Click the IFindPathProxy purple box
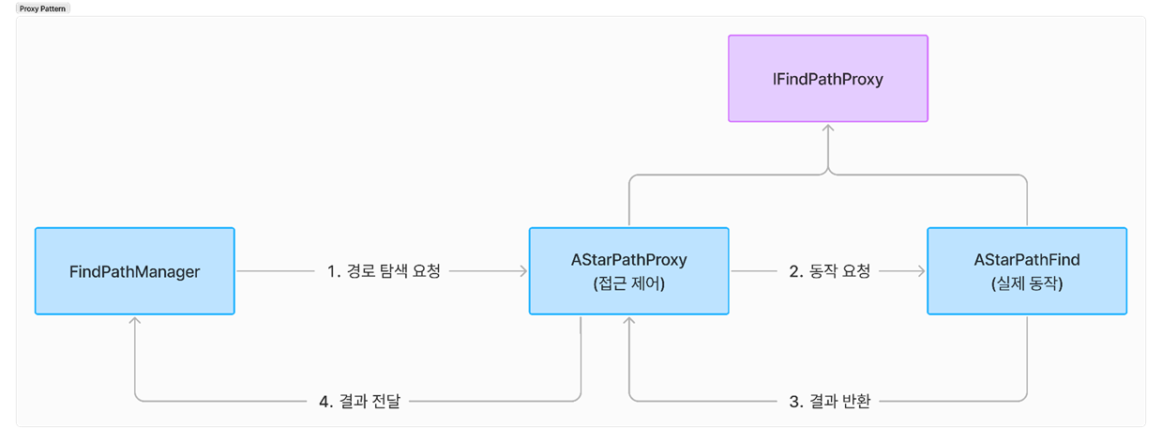(828, 79)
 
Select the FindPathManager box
(134, 271)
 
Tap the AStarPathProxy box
(628, 271)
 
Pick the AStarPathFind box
(1026, 271)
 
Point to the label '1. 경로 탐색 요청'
(383, 271)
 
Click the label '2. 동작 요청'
(829, 271)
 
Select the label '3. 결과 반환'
(829, 402)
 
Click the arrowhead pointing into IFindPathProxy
(828, 128)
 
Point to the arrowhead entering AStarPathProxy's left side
(523, 271)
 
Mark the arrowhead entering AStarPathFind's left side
(921, 271)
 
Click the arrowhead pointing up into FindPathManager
(135, 321)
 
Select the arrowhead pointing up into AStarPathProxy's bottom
(629, 321)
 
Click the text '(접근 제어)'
(628, 283)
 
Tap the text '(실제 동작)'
(1026, 283)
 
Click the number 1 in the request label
(331, 271)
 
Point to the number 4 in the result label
(324, 402)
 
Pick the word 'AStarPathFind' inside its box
(1026, 260)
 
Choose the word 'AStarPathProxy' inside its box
(628, 260)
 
